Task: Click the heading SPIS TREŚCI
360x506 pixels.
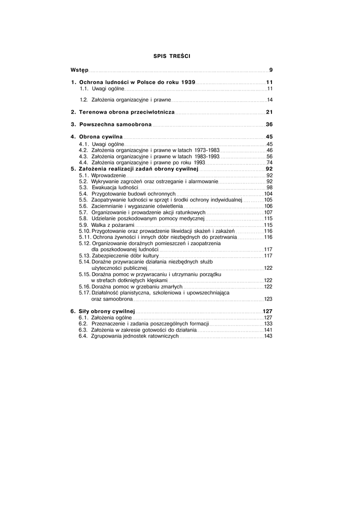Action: point(172,56)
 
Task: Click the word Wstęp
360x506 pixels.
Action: point(80,70)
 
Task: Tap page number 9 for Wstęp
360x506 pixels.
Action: point(271,70)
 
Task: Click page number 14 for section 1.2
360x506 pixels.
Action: point(270,100)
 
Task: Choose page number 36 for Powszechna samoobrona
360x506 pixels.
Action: point(270,125)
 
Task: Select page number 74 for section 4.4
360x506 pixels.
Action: point(270,162)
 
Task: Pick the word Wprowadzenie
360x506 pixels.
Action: point(109,175)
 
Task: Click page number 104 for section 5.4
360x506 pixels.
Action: point(269,194)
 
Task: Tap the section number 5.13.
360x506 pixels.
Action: point(85,256)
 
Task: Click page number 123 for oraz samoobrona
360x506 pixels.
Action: point(269,299)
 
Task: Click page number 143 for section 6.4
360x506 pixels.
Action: point(269,336)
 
